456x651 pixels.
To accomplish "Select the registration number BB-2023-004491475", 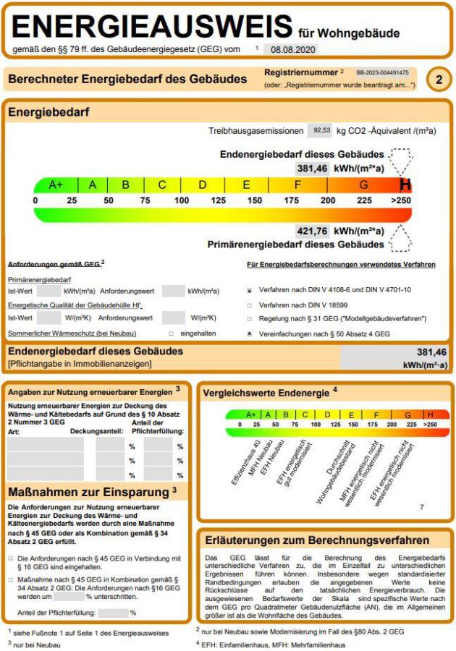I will click(x=382, y=73).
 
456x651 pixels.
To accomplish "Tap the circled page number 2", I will click(x=439, y=80).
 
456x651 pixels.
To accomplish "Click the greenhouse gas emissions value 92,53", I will click(x=319, y=130).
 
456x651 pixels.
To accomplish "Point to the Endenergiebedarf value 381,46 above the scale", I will click(x=312, y=168).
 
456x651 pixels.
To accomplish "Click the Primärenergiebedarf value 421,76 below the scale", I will click(x=312, y=231).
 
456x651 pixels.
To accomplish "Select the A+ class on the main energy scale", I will click(x=56, y=184).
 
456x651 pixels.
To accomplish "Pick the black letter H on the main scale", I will click(x=405, y=184).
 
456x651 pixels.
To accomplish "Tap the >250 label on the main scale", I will click(x=400, y=200).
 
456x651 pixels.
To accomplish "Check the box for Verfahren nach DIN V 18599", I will click(x=250, y=305).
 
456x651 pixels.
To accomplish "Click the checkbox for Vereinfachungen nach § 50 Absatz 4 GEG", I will click(x=250, y=334).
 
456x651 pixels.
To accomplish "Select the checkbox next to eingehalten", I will click(x=171, y=334).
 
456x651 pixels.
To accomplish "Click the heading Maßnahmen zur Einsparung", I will click(x=88, y=492).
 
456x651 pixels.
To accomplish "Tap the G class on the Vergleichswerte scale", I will click(x=408, y=414).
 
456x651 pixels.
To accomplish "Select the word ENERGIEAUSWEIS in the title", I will click(x=153, y=27).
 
